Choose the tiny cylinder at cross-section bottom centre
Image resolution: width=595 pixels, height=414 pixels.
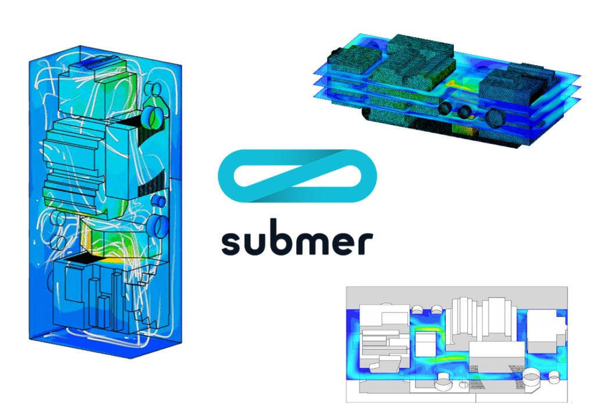pos(463,384)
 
